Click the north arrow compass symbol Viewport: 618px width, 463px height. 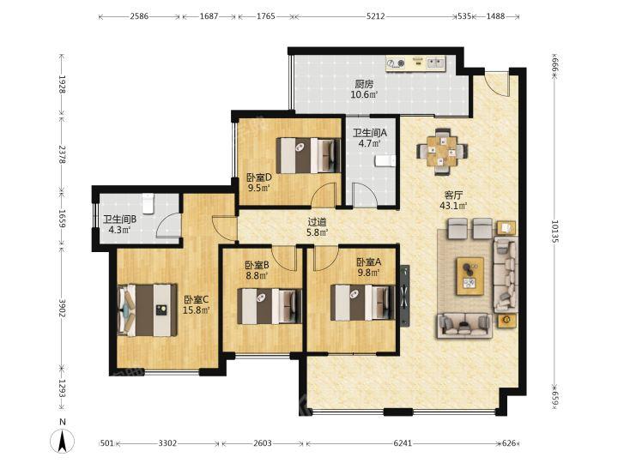coord(63,441)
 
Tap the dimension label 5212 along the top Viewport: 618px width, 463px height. coord(376,16)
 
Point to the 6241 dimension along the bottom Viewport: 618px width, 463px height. coord(403,443)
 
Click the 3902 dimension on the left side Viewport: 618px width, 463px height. coord(62,310)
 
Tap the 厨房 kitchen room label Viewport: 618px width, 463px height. coord(364,84)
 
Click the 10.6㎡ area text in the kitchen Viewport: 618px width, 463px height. coord(365,94)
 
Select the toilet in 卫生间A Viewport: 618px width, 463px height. coord(385,161)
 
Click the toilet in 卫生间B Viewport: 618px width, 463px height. coord(148,203)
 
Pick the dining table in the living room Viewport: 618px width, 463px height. coord(443,151)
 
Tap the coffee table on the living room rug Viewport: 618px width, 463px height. coord(470,276)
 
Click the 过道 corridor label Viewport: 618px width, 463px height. coord(318,222)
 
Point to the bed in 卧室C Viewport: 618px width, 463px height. coord(147,310)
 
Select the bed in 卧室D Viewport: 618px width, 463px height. coord(308,155)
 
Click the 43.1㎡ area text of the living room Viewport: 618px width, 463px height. coord(454,206)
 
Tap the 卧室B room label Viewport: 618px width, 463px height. coord(257,265)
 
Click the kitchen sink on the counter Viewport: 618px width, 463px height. coord(435,63)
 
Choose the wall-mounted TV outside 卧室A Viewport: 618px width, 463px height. coord(405,295)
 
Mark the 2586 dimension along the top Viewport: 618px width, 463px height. coord(139,16)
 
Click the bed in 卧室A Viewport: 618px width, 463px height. coord(362,303)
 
